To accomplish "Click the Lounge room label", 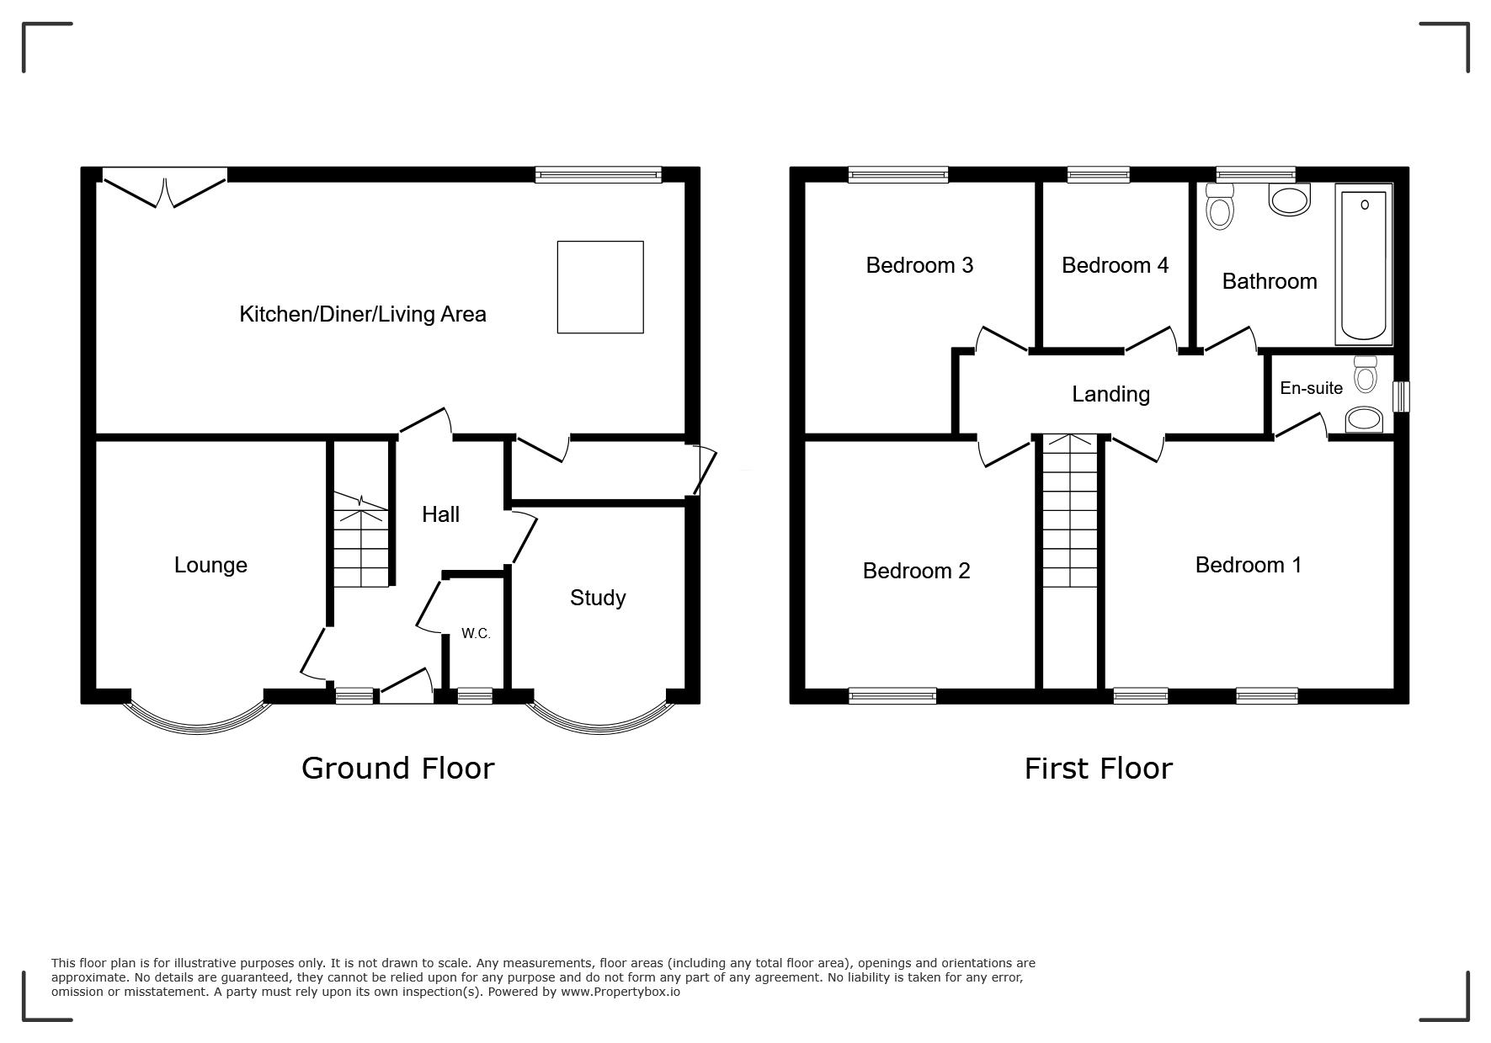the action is pos(210,565).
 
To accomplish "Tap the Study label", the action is pos(598,599).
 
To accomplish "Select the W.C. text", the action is pos(476,634).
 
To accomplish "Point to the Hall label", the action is pos(440,514).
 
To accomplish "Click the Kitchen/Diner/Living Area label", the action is pos(363,314).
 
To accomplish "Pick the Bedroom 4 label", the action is pos(1115,265).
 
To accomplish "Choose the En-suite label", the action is pos(1311,388).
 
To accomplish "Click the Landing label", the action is pos(1110,394).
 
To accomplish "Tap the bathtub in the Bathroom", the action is pos(1363,265).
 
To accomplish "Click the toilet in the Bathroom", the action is pos(1219,207).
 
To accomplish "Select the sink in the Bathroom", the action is pos(1290,200).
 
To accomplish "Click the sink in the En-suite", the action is pos(1364,419).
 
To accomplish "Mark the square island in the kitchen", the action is pos(600,287).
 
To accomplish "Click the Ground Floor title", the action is pos(397,769).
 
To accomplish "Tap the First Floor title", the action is pos(1098,769).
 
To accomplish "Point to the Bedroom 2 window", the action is pos(892,695).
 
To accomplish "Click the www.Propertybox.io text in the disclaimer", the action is pos(621,992).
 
